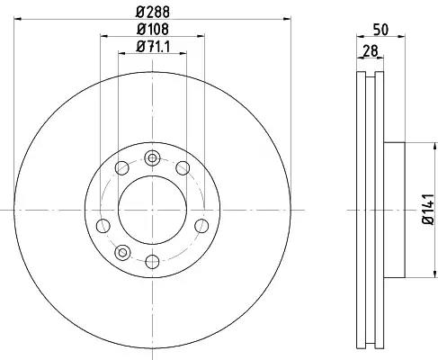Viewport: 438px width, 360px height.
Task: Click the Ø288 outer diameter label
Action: [x=153, y=12]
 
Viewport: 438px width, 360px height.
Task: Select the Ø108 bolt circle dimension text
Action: [x=153, y=29]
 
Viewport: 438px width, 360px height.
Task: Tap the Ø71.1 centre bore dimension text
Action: [x=153, y=47]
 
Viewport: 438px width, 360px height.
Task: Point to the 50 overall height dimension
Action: [x=380, y=30]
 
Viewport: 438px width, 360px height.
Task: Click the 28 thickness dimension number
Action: [x=371, y=51]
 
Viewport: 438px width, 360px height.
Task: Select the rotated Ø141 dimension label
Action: [x=428, y=209]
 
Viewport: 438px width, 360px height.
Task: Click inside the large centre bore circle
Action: [x=152, y=210]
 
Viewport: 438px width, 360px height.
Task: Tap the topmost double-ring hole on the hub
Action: [x=152, y=157]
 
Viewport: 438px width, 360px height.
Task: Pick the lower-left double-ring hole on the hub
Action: [x=122, y=253]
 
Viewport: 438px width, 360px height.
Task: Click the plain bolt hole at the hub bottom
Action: [x=152, y=262]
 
